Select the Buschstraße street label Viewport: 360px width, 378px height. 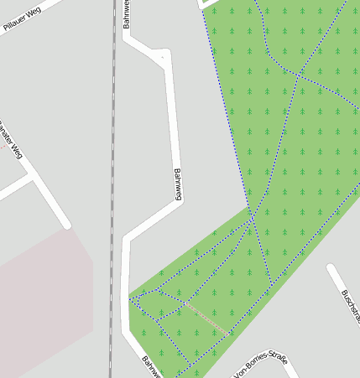(x=350, y=307)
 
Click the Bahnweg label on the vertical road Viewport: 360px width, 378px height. (x=178, y=184)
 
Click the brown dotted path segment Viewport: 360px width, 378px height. (x=205, y=318)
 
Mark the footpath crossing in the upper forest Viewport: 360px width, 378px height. (x=298, y=75)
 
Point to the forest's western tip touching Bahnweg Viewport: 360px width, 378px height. (x=131, y=298)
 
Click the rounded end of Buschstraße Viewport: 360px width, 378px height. (x=331, y=269)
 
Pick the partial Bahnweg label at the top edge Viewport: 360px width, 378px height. (x=128, y=13)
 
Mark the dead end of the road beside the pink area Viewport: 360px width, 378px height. (x=65, y=225)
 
